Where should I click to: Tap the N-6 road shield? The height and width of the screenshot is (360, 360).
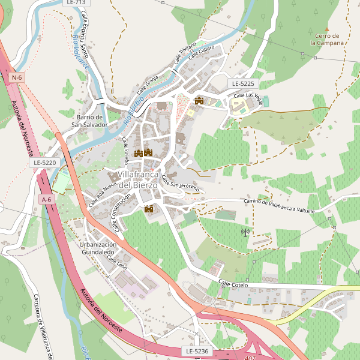pos(17,77)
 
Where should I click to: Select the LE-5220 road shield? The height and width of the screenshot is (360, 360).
pos(45,163)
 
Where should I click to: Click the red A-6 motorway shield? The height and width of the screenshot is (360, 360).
pos(46,199)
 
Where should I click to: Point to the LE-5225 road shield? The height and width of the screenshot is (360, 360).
pos(242,83)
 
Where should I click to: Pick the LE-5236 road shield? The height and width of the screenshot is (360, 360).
pos(197,350)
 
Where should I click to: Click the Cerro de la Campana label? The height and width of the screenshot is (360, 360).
pos(327,40)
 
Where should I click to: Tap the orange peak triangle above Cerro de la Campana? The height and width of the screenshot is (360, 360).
pos(327,28)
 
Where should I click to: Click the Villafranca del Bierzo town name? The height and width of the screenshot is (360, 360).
pos(137,179)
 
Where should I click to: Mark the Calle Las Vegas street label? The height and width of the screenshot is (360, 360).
pos(247,96)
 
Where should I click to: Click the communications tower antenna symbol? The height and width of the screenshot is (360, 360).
pos(245,232)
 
